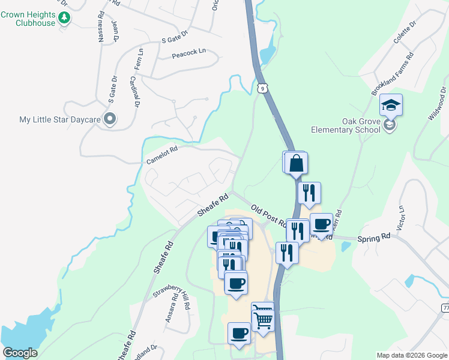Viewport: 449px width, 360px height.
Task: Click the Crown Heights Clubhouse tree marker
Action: (65, 19)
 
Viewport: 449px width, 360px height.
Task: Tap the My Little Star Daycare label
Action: (59, 119)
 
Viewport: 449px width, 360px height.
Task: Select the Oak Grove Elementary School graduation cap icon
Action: (391, 106)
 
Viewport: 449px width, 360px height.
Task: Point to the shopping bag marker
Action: (297, 163)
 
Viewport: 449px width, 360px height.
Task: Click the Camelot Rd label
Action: (163, 156)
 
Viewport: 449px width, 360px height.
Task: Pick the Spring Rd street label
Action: (374, 238)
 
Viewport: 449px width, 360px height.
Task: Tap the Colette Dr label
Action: (405, 35)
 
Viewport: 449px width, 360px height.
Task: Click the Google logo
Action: (20, 353)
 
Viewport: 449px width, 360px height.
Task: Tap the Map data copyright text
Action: (412, 355)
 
